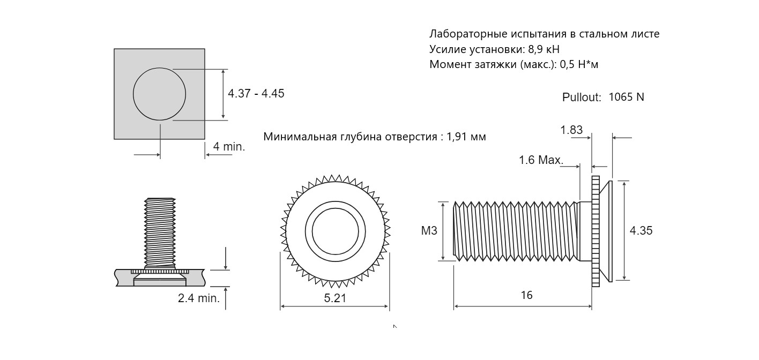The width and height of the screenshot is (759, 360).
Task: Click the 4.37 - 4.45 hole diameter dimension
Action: (x=256, y=93)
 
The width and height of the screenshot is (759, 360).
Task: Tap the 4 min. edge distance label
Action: (x=229, y=147)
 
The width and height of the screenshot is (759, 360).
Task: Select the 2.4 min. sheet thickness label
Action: (x=199, y=298)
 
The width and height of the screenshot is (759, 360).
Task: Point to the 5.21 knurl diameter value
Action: (x=335, y=298)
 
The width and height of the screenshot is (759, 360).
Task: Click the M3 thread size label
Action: (x=429, y=231)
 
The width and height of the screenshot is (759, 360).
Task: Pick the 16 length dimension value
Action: (x=526, y=295)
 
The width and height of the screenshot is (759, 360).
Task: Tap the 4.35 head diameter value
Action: (x=641, y=231)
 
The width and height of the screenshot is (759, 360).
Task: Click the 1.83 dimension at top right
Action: (x=571, y=130)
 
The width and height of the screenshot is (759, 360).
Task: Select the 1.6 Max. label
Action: (x=541, y=160)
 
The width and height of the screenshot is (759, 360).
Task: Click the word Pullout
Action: (x=582, y=97)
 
